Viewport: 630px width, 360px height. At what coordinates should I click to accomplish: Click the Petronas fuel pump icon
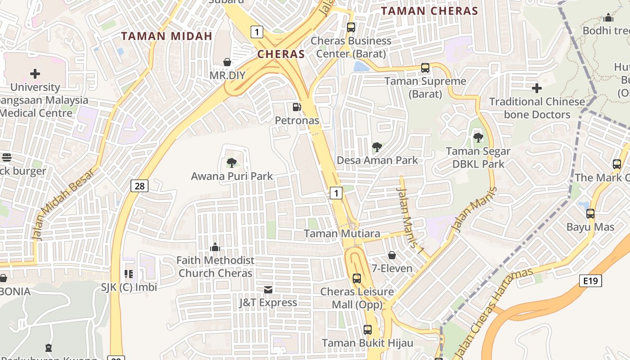(x=297, y=107)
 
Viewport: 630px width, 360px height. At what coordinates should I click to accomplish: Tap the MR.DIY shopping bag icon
(x=228, y=62)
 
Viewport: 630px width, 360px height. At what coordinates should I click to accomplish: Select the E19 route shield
(x=590, y=281)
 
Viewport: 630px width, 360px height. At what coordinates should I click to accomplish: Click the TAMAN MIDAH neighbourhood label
(x=166, y=36)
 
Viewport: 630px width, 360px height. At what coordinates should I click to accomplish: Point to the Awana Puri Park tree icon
(x=232, y=162)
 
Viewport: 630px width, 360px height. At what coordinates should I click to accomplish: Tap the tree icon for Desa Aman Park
(x=377, y=147)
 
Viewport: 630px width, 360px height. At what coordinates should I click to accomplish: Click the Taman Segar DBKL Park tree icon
(x=478, y=138)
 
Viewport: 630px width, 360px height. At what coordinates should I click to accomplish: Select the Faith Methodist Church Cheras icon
(x=215, y=247)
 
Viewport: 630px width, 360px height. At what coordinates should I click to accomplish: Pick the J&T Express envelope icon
(x=268, y=289)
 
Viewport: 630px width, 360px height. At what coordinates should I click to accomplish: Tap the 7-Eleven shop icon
(x=392, y=255)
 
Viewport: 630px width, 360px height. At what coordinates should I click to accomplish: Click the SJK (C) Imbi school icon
(x=129, y=274)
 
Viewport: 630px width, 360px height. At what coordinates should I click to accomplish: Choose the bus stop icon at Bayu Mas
(x=590, y=214)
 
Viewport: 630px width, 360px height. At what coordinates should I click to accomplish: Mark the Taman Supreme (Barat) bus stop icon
(x=425, y=68)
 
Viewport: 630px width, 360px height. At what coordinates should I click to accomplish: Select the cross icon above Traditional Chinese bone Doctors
(x=537, y=88)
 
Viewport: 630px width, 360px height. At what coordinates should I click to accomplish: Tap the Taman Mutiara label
(x=342, y=234)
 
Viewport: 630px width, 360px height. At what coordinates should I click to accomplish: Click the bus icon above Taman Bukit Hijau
(x=368, y=330)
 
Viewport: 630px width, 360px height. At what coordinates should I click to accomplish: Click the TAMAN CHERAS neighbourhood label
(x=429, y=11)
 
